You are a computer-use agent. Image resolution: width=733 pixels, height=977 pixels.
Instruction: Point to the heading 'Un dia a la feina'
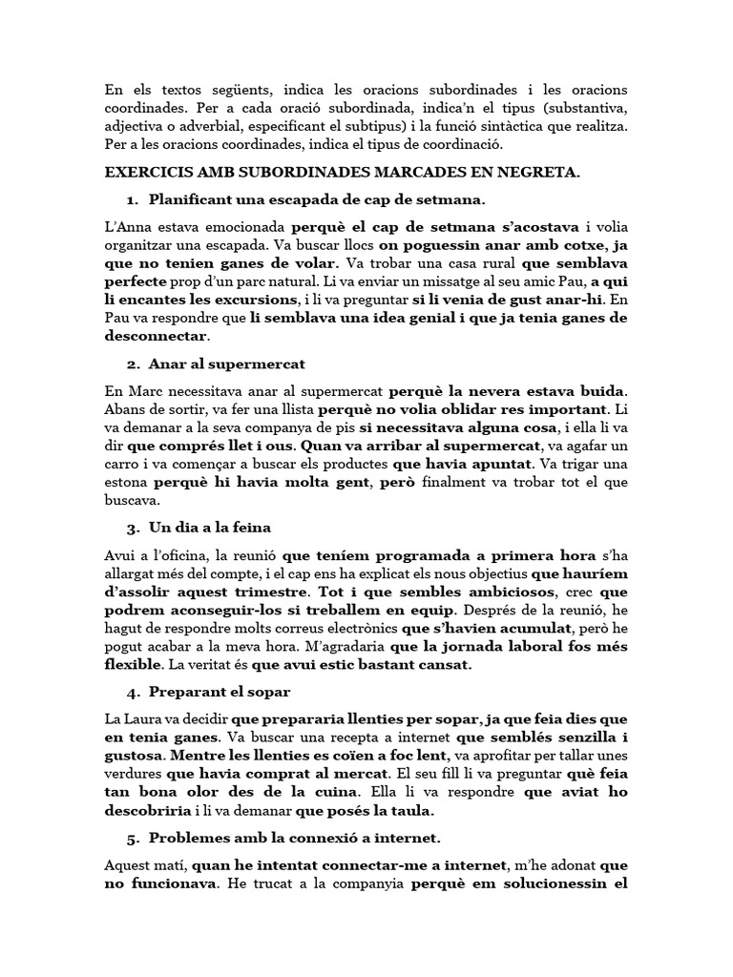coord(212,527)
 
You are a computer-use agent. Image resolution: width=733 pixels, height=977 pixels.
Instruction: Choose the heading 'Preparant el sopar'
coord(220,691)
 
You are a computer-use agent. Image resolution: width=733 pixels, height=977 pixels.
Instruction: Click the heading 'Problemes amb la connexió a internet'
coord(295,839)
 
